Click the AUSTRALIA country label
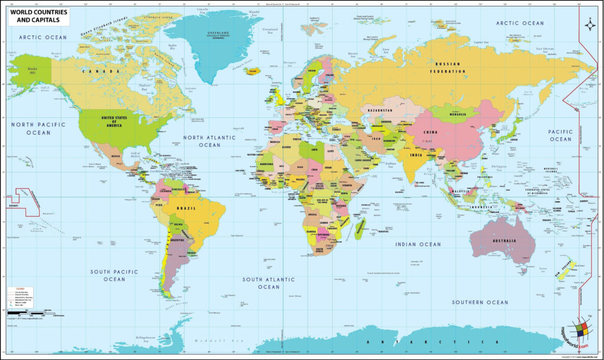point(505,241)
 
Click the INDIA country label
point(416,155)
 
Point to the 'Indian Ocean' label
point(418,244)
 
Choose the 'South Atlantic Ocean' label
point(268,283)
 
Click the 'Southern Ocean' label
point(480,302)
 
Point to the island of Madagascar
point(360,227)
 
